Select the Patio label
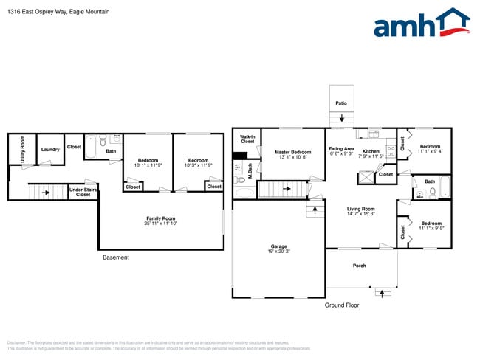tap(340, 103)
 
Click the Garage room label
tap(278, 246)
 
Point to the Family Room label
tap(160, 218)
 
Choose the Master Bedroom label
tap(293, 152)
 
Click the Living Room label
tap(361, 209)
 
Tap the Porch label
tap(359, 266)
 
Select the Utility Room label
tap(23, 149)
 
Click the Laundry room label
tap(50, 150)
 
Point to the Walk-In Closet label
tap(247, 139)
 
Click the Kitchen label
tap(371, 152)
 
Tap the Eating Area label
tap(341, 149)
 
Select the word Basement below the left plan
tap(115, 257)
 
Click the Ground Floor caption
tap(342, 305)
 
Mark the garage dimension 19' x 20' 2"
tap(278, 252)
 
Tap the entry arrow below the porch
tap(382, 292)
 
